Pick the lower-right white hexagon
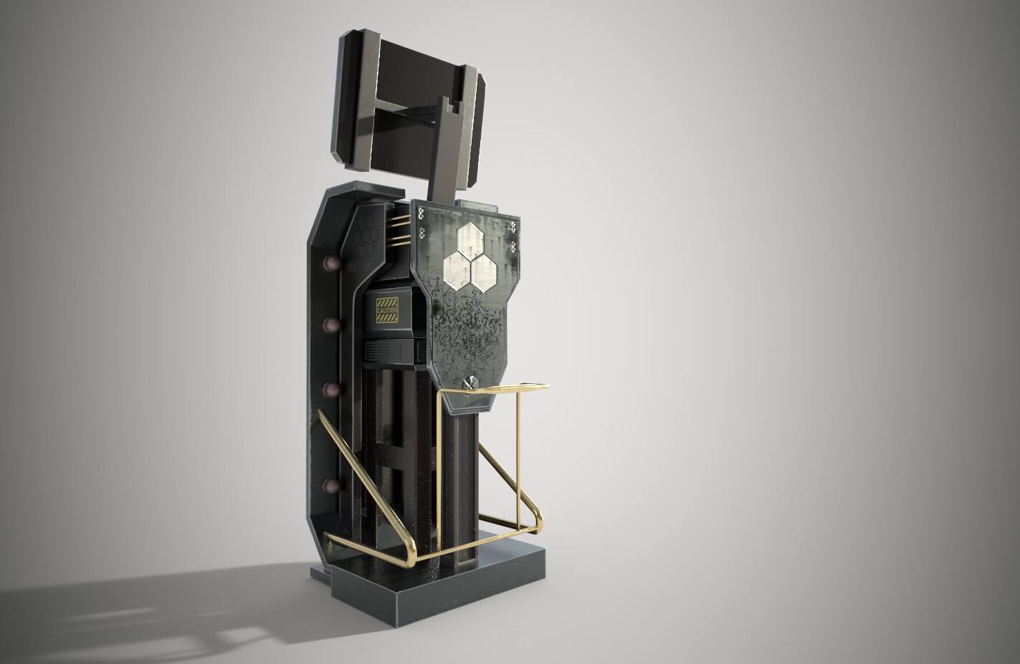(485, 271)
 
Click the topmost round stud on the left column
(333, 264)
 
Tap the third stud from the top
(332, 390)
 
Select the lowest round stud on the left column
(330, 486)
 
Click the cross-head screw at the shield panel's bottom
(471, 383)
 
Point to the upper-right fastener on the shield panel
(514, 228)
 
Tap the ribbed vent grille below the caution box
(391, 351)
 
